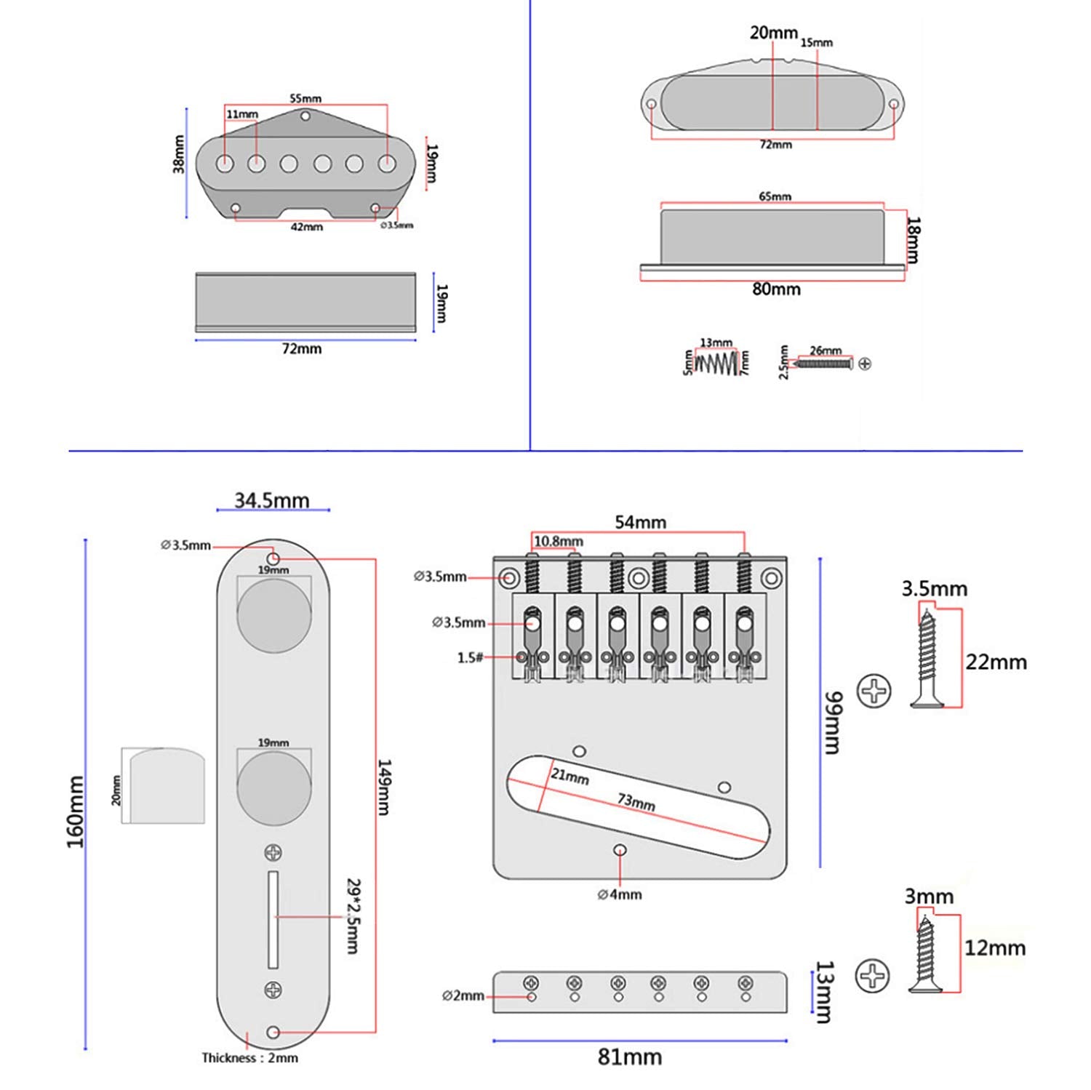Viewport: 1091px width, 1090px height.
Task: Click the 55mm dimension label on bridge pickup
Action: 305,98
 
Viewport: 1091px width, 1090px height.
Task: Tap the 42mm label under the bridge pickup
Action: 306,227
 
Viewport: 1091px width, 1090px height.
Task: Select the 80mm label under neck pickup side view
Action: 776,289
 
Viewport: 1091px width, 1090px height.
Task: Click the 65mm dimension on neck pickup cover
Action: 775,196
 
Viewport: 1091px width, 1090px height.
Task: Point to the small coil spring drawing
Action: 716,362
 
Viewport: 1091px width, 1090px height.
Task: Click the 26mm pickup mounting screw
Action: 825,363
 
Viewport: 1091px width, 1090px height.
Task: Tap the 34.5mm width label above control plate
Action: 271,500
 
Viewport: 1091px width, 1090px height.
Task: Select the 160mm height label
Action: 76,811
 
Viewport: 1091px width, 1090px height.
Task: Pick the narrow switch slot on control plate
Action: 273,919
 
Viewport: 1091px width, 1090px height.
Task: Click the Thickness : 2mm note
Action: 249,1058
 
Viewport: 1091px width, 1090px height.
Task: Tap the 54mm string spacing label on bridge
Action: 640,522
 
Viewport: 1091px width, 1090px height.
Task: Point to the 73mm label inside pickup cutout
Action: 636,802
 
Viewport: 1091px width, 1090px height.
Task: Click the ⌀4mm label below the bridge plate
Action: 620,894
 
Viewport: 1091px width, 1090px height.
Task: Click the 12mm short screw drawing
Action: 925,954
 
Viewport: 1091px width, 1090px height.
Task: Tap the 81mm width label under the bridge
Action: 630,1057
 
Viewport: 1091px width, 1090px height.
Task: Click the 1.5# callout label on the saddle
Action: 470,657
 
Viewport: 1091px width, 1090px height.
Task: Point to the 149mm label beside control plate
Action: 384,787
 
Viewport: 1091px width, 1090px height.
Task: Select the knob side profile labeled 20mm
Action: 164,785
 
